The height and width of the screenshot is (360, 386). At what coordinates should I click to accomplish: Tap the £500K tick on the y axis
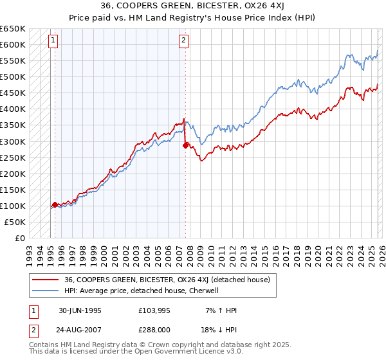[12, 77]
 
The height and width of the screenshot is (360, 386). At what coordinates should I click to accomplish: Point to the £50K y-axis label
[14, 222]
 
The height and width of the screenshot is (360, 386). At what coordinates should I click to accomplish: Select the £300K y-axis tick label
[12, 141]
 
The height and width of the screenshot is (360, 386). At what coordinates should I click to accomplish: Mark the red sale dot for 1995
[55, 204]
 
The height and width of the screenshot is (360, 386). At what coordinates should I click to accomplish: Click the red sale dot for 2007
[185, 145]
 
